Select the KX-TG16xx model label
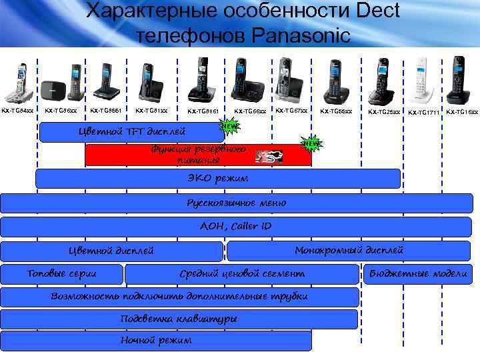tap(462, 111)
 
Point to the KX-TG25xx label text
tap(384, 111)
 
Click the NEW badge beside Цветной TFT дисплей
tap(229, 126)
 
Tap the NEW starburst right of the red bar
tap(311, 143)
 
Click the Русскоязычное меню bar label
tap(237, 203)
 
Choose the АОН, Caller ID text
tap(236, 226)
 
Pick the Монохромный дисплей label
tap(349, 250)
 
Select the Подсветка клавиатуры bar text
tap(179, 319)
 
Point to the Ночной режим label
tap(156, 340)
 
